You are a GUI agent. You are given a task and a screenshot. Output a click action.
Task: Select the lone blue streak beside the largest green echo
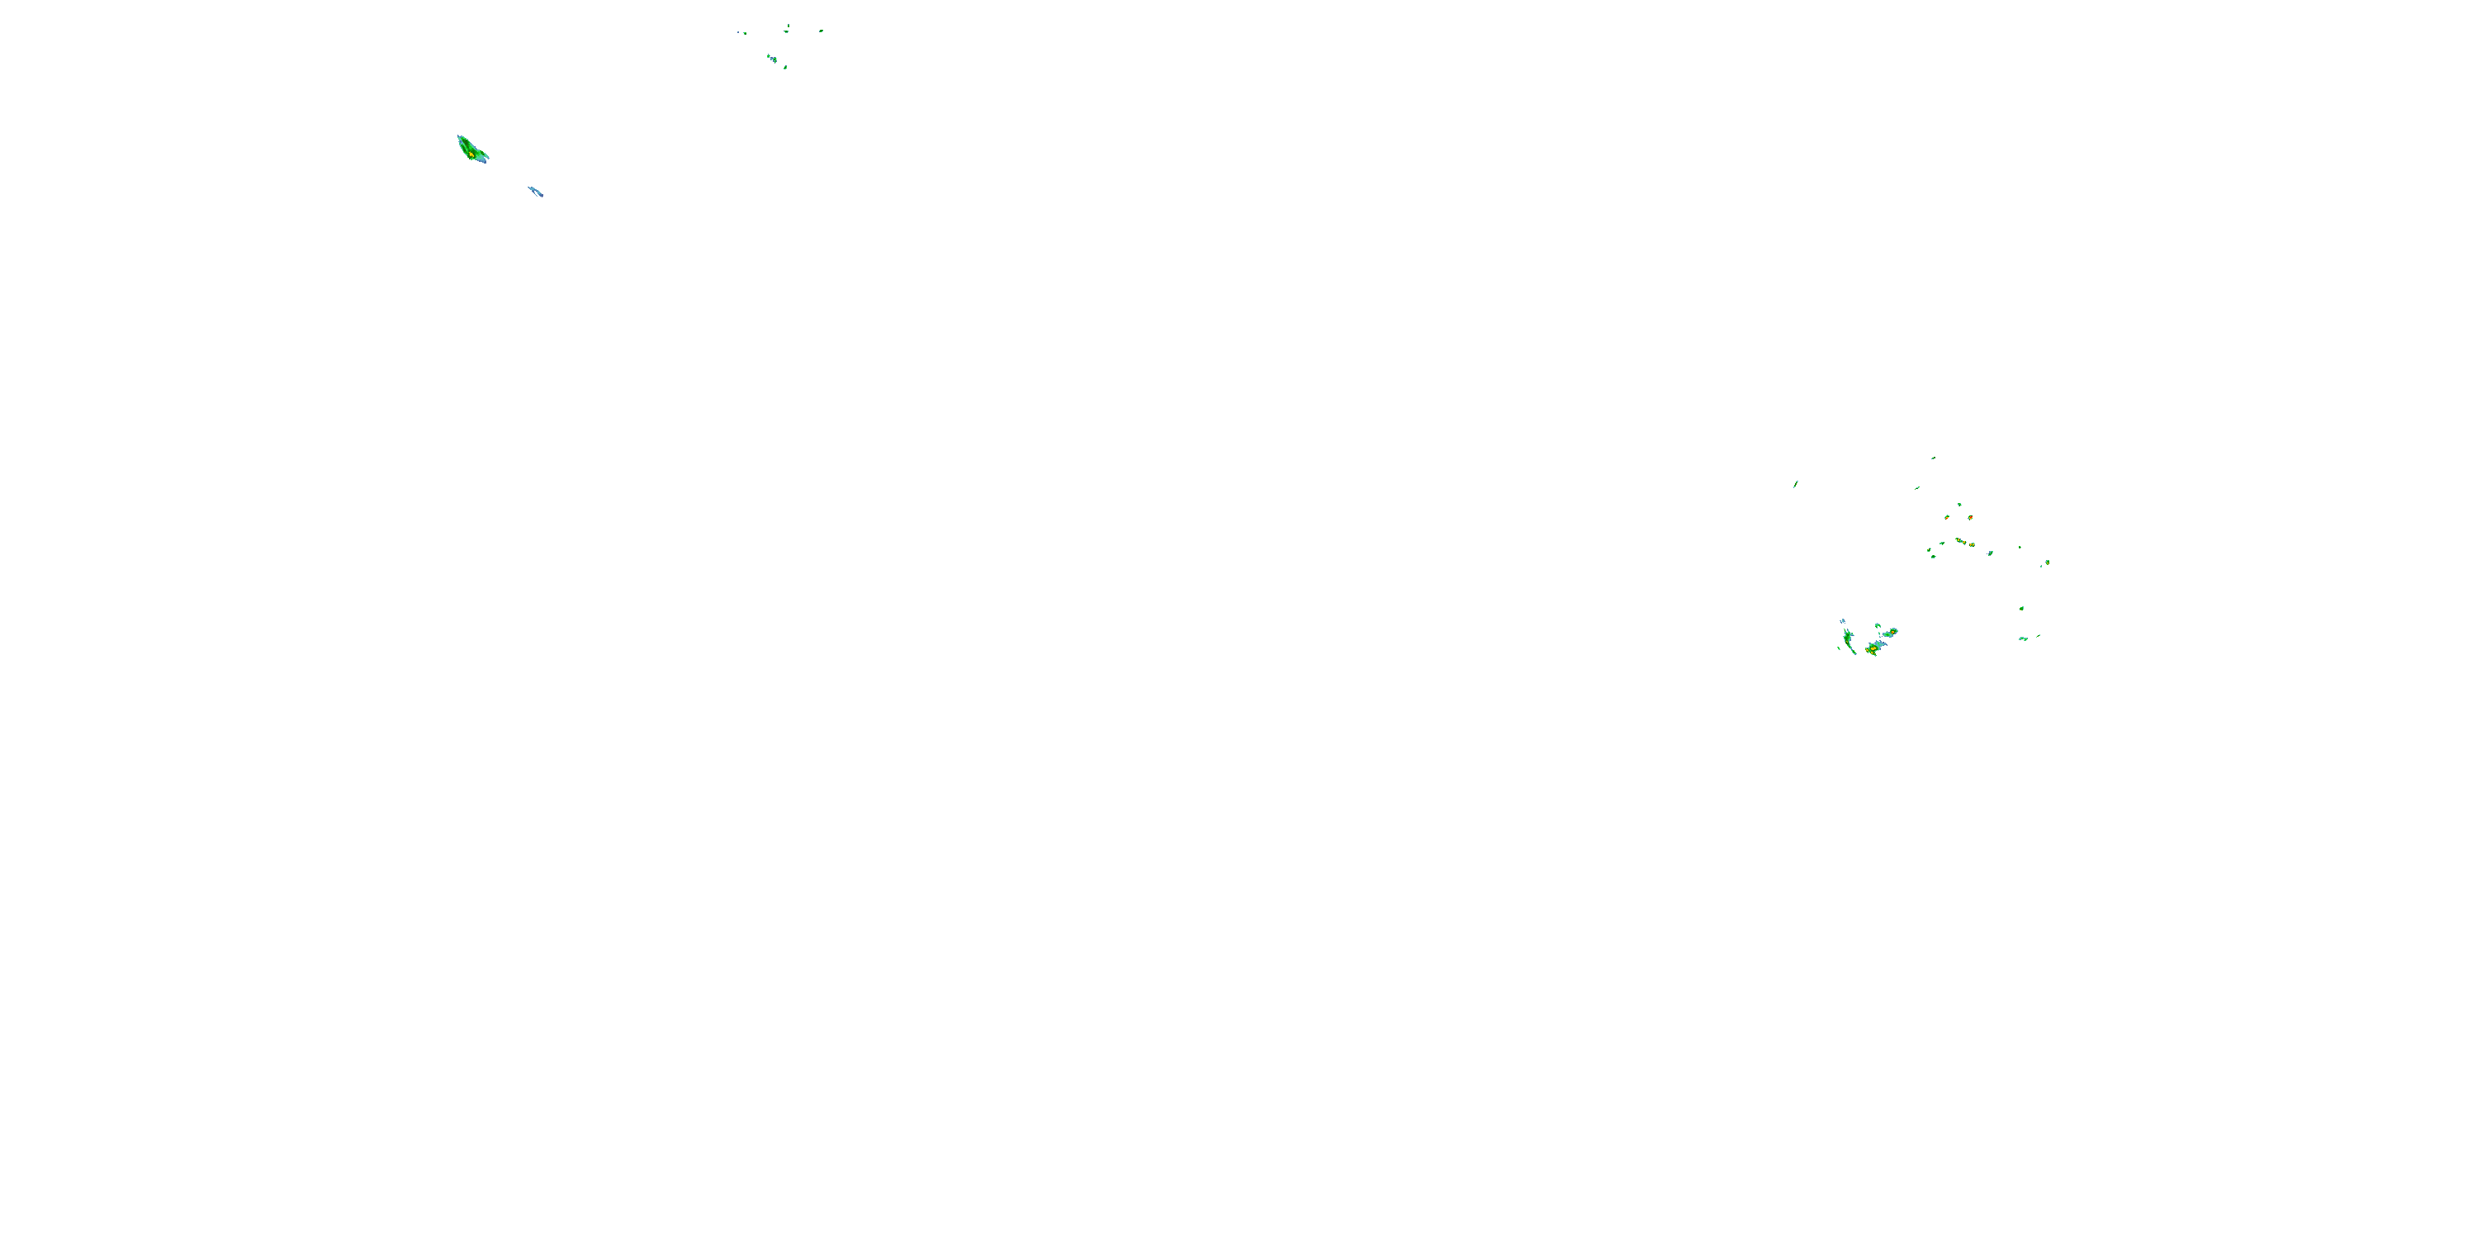[536, 192]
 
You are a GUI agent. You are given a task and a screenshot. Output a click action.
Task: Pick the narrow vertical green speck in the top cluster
[788, 27]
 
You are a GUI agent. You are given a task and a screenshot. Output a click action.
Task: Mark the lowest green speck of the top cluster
[784, 68]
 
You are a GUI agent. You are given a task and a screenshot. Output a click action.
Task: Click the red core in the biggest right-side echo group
[1871, 651]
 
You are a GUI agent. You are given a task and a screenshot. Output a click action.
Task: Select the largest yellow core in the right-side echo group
[1872, 648]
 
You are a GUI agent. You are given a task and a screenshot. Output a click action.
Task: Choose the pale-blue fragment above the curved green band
[1842, 621]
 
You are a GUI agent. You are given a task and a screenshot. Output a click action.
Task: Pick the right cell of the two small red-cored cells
[1970, 518]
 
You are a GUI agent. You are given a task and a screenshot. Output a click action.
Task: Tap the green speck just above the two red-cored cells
[1958, 504]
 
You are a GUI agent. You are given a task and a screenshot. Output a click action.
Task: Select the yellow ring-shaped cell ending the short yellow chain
[1973, 544]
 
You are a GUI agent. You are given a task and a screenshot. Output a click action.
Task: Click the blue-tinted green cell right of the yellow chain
[1990, 553]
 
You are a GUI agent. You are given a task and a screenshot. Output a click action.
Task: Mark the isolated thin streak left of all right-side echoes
[1795, 484]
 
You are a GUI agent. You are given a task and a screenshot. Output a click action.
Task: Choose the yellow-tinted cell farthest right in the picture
[2047, 562]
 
